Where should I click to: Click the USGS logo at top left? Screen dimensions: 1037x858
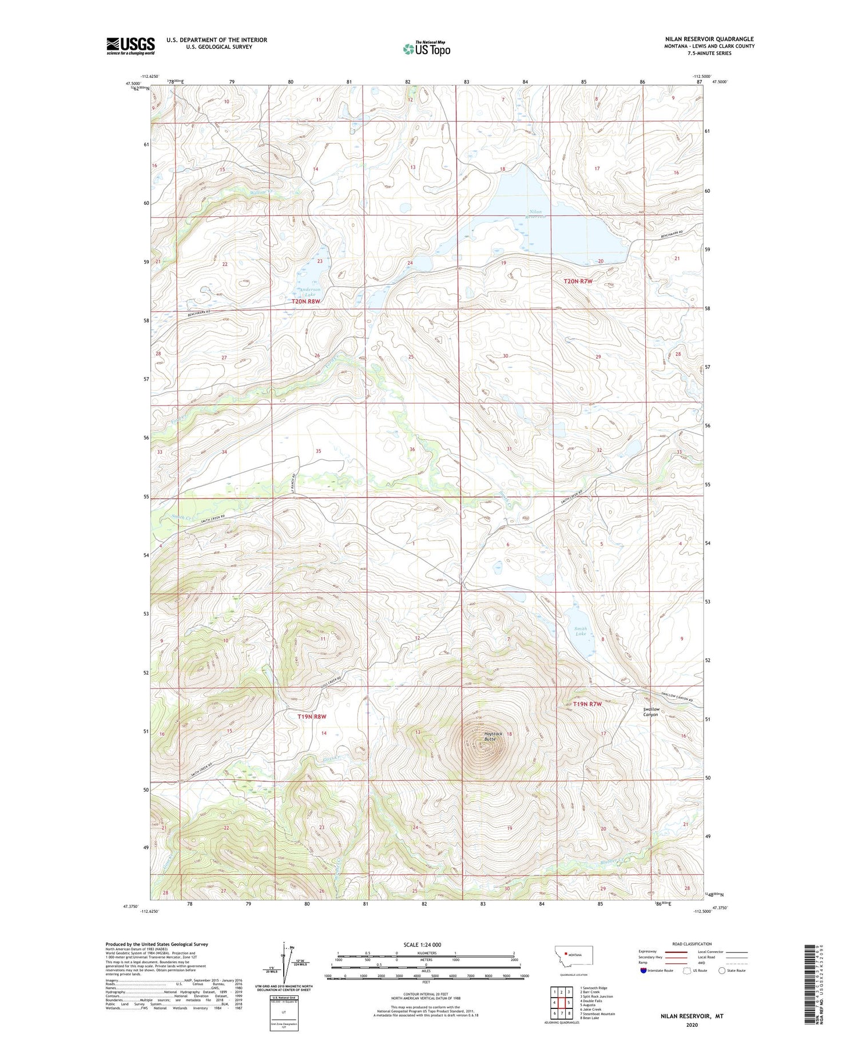tap(130, 46)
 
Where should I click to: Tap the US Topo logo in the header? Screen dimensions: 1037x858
tap(427, 49)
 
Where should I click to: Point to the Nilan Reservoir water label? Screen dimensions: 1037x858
tap(536, 214)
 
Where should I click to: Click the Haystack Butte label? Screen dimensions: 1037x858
tap(492, 736)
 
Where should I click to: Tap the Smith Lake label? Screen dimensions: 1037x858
tap(581, 631)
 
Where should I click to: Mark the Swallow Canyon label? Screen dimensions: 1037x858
tap(651, 712)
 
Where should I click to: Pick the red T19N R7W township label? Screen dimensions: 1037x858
tap(587, 704)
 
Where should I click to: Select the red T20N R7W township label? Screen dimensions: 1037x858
tap(578, 281)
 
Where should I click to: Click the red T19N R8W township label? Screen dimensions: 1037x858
tap(312, 716)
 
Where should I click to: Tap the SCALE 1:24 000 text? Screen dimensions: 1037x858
tap(422, 944)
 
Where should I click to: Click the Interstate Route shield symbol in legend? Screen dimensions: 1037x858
tap(643, 971)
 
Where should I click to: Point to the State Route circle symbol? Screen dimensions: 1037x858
tap(722, 971)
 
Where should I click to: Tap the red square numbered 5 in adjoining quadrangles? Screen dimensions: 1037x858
tap(569, 1003)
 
